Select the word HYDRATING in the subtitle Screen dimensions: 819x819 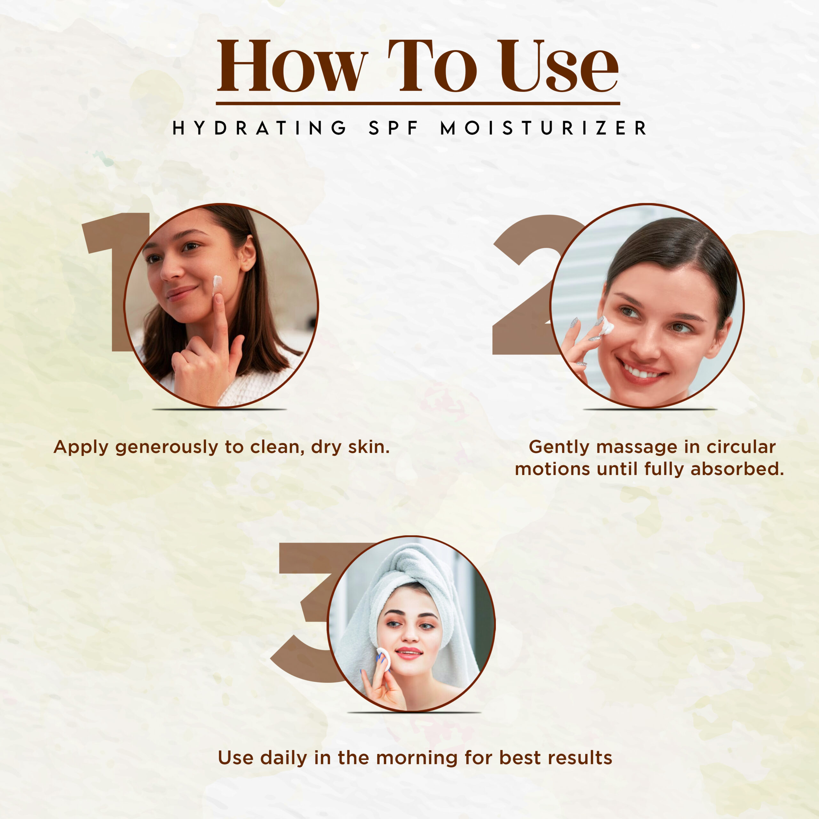point(259,128)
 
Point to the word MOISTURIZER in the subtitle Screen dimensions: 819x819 point(544,128)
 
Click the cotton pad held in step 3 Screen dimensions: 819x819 point(384,659)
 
